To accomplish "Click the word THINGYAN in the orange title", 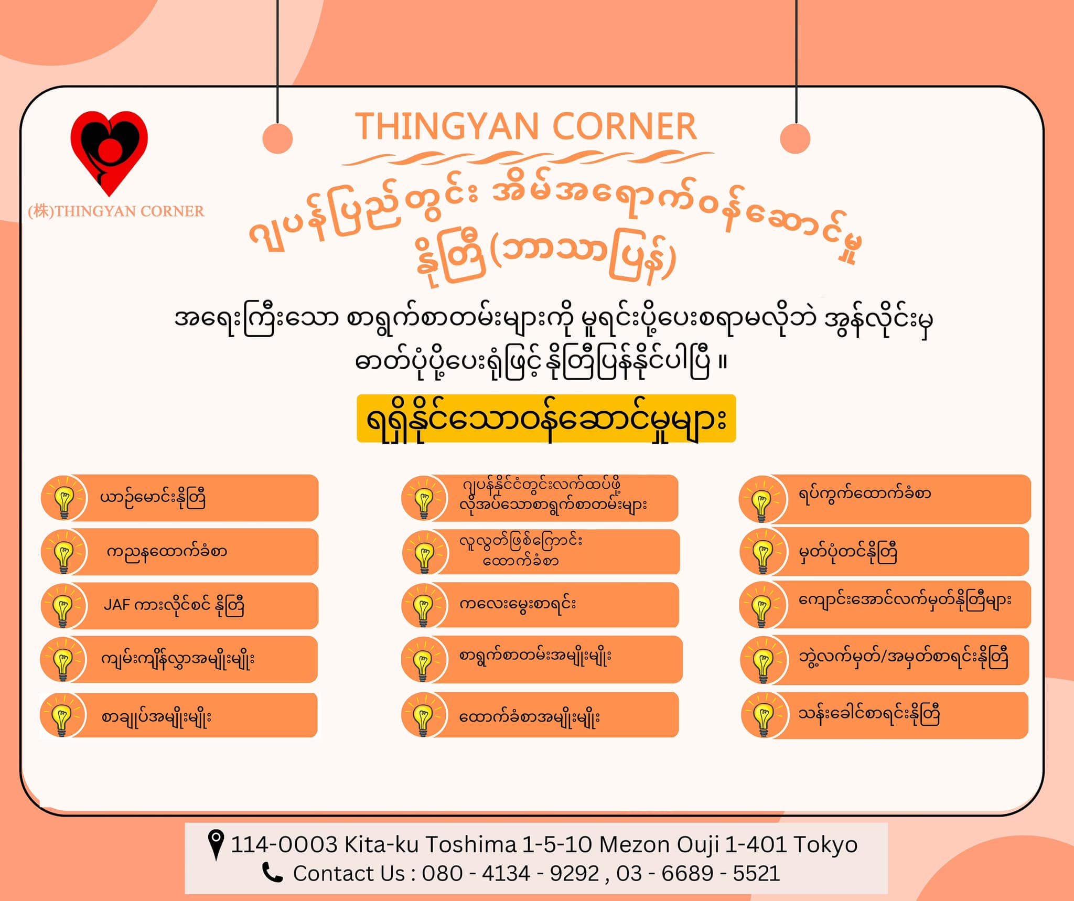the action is [x=447, y=126].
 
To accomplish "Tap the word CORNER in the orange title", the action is [x=624, y=126].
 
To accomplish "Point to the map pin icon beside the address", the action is [x=216, y=845].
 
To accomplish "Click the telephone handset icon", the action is [x=272, y=873].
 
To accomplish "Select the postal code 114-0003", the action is [x=284, y=845].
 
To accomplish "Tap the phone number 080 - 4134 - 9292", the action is [x=510, y=874].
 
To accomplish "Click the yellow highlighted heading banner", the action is [x=546, y=419].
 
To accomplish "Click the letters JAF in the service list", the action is [x=116, y=605].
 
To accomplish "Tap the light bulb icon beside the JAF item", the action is [x=63, y=606].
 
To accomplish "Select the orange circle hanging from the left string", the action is [x=277, y=138].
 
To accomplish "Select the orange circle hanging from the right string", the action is [x=796, y=138].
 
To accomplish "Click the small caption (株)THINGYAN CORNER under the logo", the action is [x=116, y=211].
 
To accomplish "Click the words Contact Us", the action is [x=349, y=874].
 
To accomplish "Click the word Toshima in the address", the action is [x=471, y=845].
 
